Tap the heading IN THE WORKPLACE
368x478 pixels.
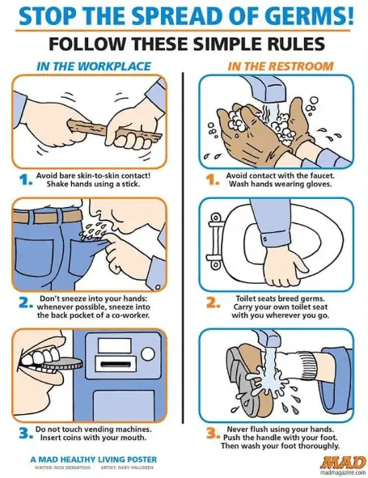93,66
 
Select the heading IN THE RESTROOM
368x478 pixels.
281,66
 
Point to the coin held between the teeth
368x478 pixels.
61,364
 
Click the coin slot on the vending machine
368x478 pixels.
115,364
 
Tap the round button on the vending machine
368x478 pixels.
148,353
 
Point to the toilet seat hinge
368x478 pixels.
215,240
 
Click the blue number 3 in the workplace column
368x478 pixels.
24,434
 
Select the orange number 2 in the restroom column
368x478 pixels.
212,302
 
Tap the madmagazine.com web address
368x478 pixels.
345,473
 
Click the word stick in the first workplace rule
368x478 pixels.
130,184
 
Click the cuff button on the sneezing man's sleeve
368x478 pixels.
158,287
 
